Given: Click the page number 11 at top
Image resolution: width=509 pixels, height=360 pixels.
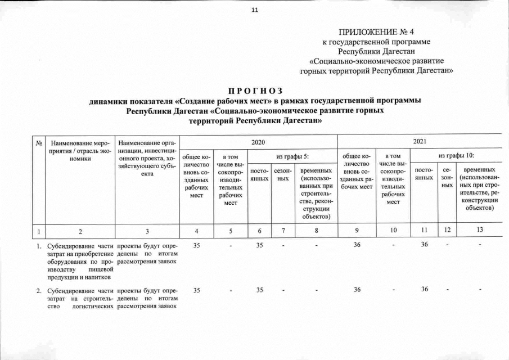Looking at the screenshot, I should point(254,9).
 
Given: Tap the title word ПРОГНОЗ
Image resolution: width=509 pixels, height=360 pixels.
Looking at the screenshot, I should point(255,92).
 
